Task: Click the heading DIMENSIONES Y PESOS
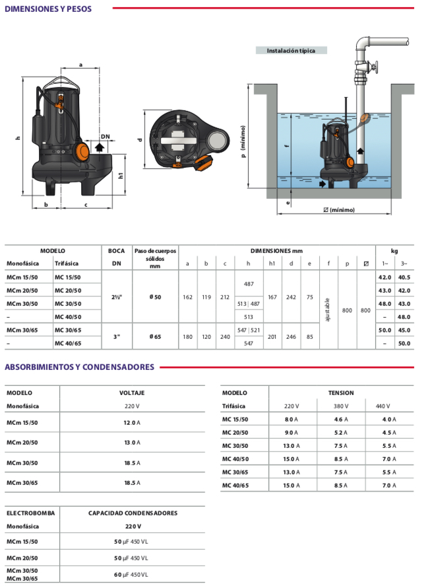point(48,9)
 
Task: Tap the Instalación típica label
point(291,50)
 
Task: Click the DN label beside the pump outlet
point(105,137)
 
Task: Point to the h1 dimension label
point(121,176)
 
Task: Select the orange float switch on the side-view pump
point(82,151)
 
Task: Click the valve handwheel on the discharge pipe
point(375,67)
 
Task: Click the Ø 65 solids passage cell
point(155,337)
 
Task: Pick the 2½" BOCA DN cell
point(117,297)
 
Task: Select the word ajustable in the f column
point(327,310)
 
